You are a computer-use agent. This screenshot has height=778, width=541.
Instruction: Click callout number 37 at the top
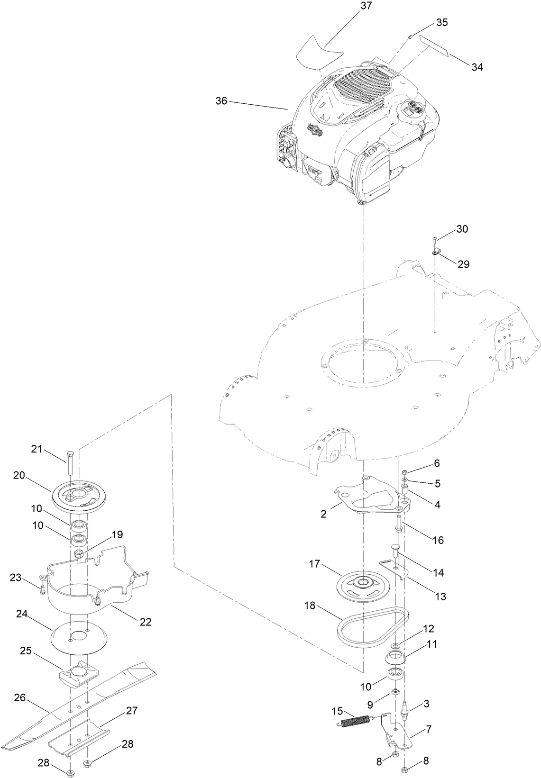366,6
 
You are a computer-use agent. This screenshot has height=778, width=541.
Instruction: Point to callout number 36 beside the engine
221,101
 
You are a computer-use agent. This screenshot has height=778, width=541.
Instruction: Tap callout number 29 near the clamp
463,264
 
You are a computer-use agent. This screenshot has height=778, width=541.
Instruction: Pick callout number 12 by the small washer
429,629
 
